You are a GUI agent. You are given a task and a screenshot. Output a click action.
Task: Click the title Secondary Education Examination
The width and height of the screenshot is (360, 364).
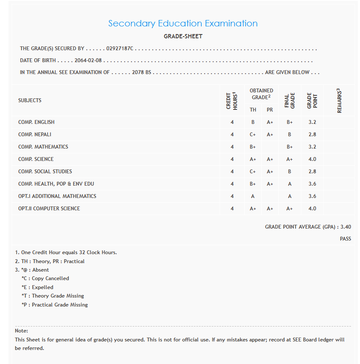[x=183, y=23]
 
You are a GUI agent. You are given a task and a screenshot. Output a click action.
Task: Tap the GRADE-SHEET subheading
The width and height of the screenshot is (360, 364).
[x=183, y=36]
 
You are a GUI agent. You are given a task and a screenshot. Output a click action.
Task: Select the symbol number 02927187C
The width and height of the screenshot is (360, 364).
[x=120, y=49]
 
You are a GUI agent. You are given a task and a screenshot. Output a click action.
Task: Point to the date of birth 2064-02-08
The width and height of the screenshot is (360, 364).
[x=88, y=60]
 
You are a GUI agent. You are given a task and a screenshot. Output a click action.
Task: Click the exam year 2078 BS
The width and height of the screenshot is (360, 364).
[x=142, y=72]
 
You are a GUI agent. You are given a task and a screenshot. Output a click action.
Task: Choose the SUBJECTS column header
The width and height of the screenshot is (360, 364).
[x=30, y=100]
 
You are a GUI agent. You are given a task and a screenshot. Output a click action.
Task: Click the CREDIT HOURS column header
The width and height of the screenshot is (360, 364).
[x=232, y=100]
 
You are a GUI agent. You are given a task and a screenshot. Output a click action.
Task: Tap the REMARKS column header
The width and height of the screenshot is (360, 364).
[x=340, y=100]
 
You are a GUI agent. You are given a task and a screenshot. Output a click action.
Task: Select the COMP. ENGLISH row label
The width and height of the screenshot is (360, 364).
[x=36, y=122]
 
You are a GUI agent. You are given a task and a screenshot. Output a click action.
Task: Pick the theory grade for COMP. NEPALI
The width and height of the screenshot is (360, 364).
[x=253, y=135]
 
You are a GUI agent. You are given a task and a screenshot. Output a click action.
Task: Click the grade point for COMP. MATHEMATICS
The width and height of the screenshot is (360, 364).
[x=312, y=147]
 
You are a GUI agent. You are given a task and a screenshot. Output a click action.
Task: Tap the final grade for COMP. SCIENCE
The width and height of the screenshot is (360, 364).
[x=289, y=159]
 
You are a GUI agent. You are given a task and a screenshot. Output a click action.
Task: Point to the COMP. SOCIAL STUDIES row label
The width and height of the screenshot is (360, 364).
[x=45, y=172]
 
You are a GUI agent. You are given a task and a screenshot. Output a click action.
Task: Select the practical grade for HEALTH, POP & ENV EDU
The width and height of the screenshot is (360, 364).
[x=270, y=184]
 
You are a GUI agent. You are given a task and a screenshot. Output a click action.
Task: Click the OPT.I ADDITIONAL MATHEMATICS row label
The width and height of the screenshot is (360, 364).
[x=57, y=196]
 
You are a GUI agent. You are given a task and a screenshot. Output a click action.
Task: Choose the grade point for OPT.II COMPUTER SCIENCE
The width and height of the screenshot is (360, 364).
[x=312, y=209]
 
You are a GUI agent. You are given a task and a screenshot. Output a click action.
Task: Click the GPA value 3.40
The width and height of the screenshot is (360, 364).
[x=346, y=227]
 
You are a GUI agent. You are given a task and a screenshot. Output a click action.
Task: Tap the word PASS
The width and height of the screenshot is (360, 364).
[x=345, y=239]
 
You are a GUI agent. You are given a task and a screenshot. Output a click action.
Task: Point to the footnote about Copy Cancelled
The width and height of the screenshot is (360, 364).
[x=45, y=278]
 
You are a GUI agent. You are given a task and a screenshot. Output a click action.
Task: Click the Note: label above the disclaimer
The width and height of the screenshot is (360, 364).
[x=21, y=331]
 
